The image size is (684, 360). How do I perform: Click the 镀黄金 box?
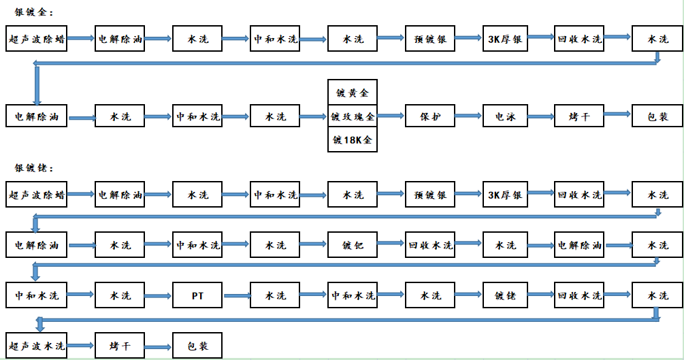pyautogui.click(x=353, y=92)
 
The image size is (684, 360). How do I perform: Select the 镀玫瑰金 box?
pyautogui.click(x=353, y=116)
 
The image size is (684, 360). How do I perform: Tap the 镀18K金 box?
pyautogui.click(x=353, y=140)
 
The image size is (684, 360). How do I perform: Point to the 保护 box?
pyautogui.click(x=430, y=116)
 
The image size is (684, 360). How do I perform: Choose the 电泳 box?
pyautogui.click(x=505, y=116)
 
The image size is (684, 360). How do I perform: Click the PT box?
pyautogui.click(x=197, y=295)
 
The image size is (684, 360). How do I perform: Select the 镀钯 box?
pyautogui.click(x=353, y=245)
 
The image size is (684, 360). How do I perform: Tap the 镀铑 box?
pyautogui.click(x=505, y=295)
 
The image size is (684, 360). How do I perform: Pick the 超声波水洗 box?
pyautogui.click(x=36, y=346)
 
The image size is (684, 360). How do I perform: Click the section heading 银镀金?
pyautogui.click(x=33, y=12)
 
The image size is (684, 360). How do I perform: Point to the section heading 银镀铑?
pyautogui.click(x=33, y=168)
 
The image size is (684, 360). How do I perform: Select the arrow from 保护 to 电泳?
pyautogui.click(x=468, y=116)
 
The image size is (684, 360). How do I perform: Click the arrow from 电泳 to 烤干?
pyautogui.click(x=541, y=116)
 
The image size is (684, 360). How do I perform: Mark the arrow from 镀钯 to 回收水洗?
pyautogui.click(x=391, y=243)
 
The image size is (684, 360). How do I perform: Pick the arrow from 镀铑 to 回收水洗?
pyautogui.click(x=541, y=295)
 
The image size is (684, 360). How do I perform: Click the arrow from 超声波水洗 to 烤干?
pyautogui.click(x=80, y=346)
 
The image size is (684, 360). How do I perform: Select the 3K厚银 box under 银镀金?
pyautogui.click(x=505, y=38)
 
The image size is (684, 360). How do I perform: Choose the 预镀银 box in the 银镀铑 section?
pyautogui.click(x=430, y=194)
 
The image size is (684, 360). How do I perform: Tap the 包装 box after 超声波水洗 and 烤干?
pyautogui.click(x=197, y=346)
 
